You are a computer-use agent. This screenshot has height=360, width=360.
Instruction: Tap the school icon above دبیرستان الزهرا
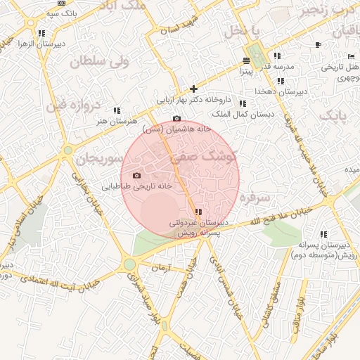pyautogui.click(x=41, y=33)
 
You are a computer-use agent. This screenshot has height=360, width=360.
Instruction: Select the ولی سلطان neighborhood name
pyautogui.click(x=98, y=63)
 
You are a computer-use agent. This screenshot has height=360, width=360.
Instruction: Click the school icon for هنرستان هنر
pyautogui.click(x=117, y=110)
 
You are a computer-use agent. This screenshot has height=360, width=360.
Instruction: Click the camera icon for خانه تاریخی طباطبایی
pyautogui.click(x=136, y=175)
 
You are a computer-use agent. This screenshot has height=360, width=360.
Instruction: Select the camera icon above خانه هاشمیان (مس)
pyautogui.click(x=176, y=118)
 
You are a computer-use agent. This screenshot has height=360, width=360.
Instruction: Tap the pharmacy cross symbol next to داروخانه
pyautogui.click(x=193, y=89)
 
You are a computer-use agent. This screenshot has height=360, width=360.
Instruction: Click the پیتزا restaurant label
pyautogui.click(x=245, y=70)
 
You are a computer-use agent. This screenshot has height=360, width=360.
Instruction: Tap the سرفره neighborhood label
pyautogui.click(x=255, y=198)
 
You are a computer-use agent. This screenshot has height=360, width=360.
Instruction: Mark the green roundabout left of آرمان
pyautogui.click(x=129, y=264)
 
